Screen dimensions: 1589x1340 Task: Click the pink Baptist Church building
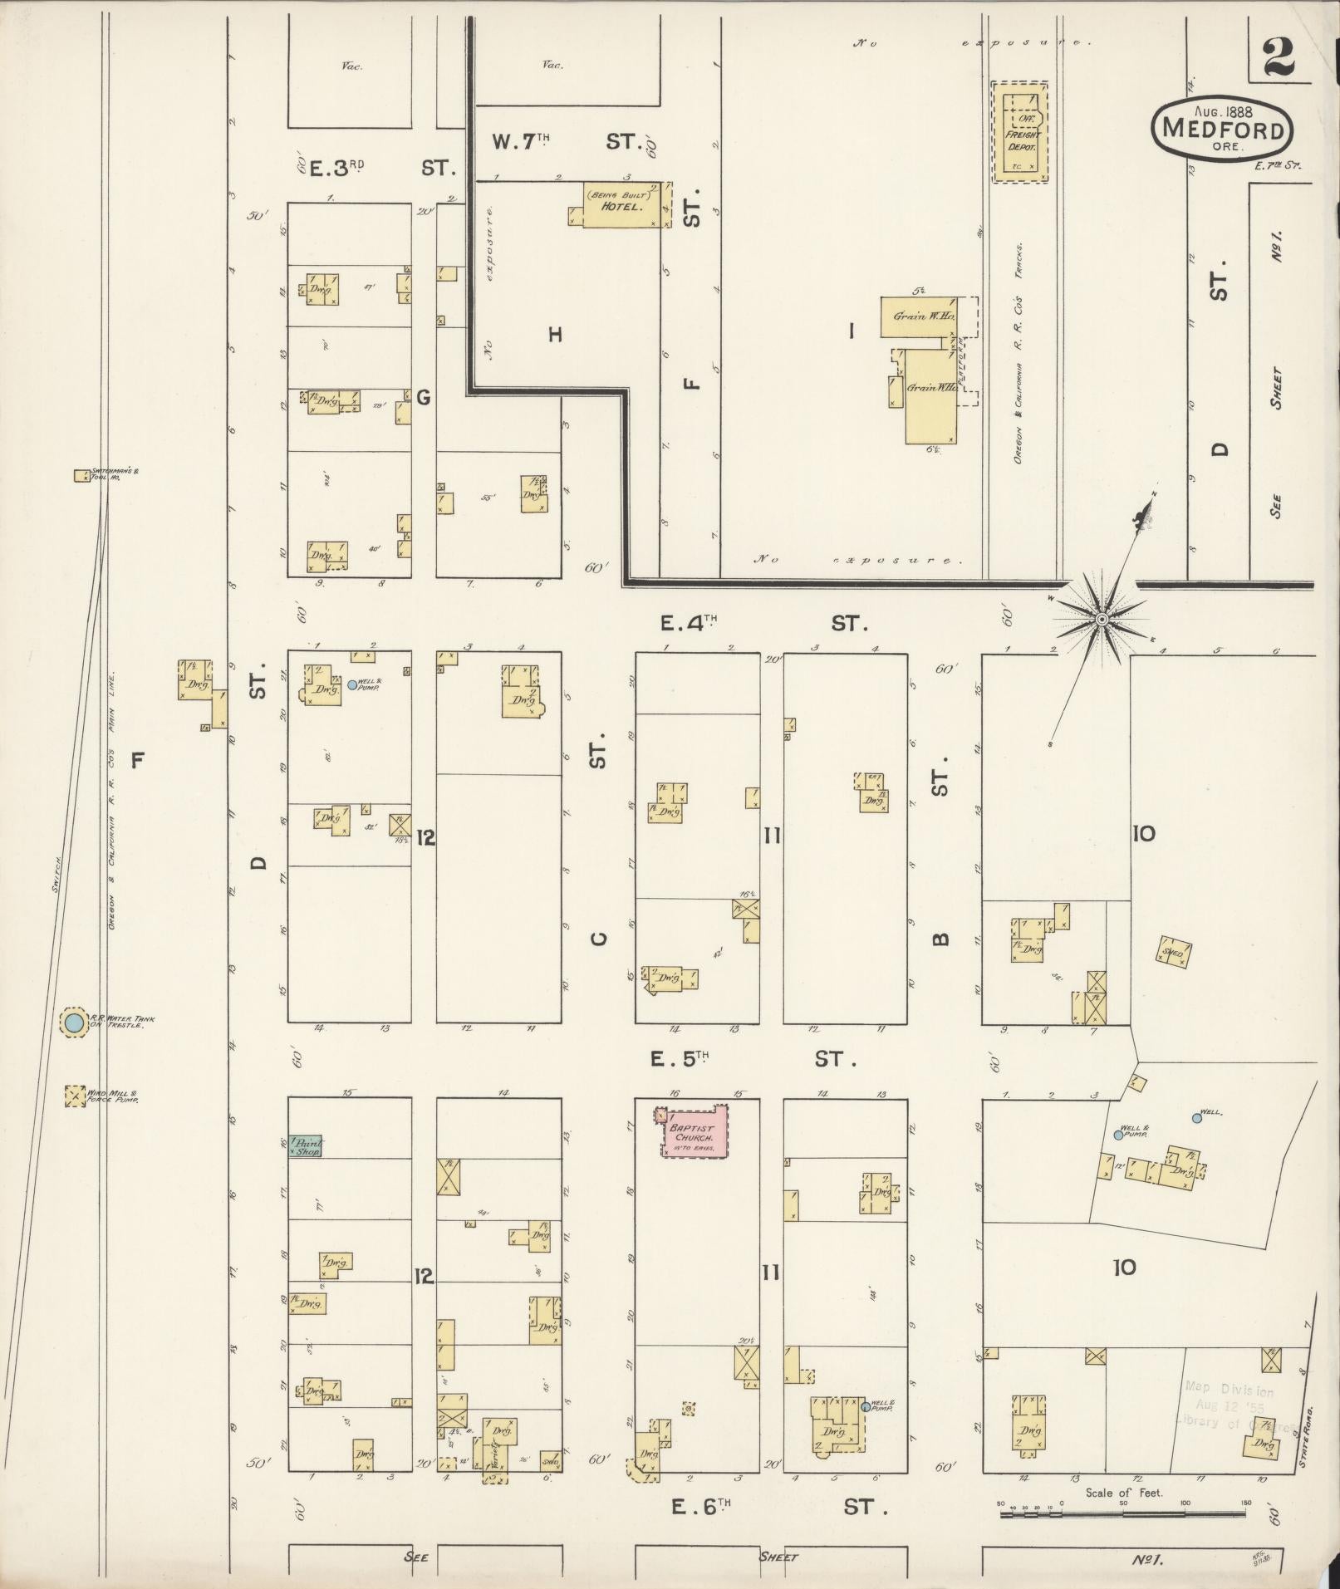tap(695, 1130)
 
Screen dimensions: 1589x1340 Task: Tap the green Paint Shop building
tap(306, 1145)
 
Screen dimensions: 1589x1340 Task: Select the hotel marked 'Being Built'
tap(624, 203)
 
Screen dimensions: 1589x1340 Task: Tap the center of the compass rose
tap(1102, 620)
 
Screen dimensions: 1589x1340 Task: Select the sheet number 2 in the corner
tap(1279, 58)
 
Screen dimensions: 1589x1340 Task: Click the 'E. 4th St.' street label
tap(764, 623)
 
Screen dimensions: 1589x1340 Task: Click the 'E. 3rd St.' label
tap(382, 168)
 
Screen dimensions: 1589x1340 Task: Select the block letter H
tap(555, 335)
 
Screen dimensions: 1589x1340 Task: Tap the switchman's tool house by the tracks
tap(82, 476)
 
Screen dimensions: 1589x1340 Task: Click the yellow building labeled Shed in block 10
tap(1174, 954)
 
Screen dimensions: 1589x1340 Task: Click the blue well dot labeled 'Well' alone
tap(1197, 1118)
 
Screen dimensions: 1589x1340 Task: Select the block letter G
tap(424, 398)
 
